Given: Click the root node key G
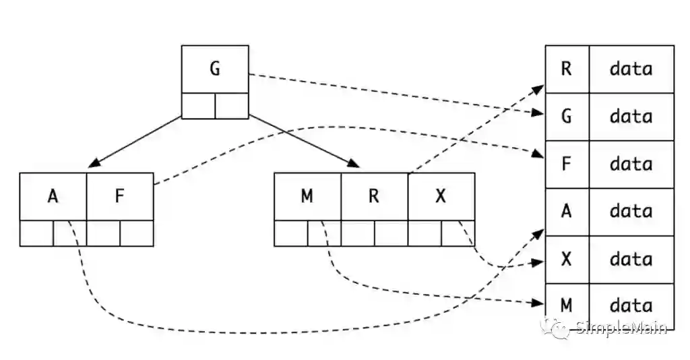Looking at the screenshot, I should pyautogui.click(x=215, y=69).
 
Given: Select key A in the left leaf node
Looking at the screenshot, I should pyautogui.click(x=53, y=196).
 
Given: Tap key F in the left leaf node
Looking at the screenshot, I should pyautogui.click(x=120, y=196).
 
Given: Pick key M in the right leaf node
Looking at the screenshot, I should pyautogui.click(x=307, y=196).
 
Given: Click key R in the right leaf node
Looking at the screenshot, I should pyautogui.click(x=374, y=196).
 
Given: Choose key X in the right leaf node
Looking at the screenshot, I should pyautogui.click(x=441, y=196).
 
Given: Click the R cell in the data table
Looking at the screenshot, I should pyautogui.click(x=567, y=69).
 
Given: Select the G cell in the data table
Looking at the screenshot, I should pyautogui.click(x=567, y=117).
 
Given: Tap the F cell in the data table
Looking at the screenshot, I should pyautogui.click(x=567, y=164).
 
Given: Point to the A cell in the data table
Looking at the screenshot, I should pyautogui.click(x=567, y=212).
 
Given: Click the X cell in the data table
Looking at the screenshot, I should pyautogui.click(x=567, y=260).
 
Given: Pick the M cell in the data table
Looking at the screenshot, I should pyautogui.click(x=567, y=306).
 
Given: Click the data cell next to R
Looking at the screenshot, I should pyautogui.click(x=631, y=69).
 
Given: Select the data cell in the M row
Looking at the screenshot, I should pyautogui.click(x=631, y=306).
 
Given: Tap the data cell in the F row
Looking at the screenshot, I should pyautogui.click(x=631, y=164).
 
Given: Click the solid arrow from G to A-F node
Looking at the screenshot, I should pyautogui.click(x=138, y=141).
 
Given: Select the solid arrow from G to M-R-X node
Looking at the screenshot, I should pyautogui.click(x=303, y=141).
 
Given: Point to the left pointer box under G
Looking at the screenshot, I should pyautogui.click(x=199, y=106).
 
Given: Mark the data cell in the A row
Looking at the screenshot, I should pyautogui.click(x=631, y=212).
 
